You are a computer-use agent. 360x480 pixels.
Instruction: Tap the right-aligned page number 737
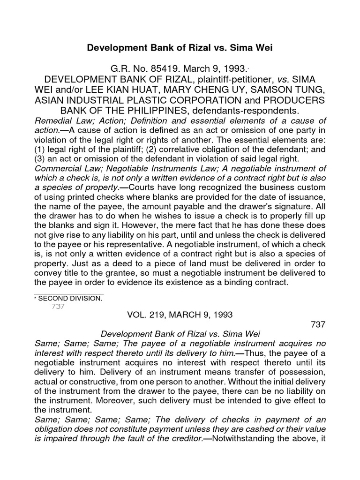pyautogui.click(x=317, y=324)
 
